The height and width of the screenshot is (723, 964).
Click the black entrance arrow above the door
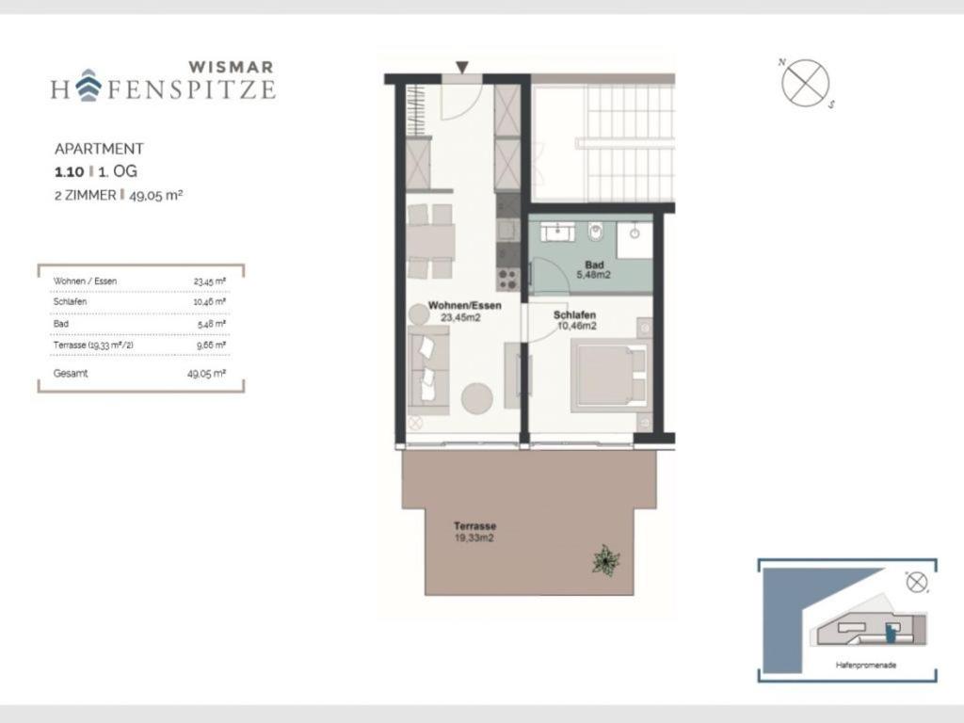click(462, 67)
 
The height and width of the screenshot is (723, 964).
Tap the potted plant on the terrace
click(605, 560)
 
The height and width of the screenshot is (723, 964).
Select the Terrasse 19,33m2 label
click(474, 532)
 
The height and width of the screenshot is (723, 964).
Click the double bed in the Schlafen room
click(609, 376)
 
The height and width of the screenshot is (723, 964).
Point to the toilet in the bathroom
click(595, 232)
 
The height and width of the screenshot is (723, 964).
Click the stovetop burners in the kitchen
click(507, 279)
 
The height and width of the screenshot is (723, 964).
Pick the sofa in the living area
click(428, 371)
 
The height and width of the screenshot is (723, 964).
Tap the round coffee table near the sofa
click(476, 398)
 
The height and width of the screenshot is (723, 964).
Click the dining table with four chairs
click(431, 242)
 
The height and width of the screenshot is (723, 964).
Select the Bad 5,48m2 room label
click(594, 270)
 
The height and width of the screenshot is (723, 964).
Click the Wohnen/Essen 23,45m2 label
click(464, 311)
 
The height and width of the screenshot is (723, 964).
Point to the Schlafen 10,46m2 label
click(575, 320)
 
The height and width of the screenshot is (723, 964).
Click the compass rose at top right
click(806, 83)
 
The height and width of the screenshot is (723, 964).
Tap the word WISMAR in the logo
click(232, 67)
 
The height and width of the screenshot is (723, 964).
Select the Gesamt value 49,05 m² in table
click(206, 373)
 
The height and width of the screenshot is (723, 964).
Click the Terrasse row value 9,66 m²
click(211, 345)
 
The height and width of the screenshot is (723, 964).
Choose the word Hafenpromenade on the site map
click(866, 666)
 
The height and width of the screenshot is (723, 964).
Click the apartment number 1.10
click(69, 172)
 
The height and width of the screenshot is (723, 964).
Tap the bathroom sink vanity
click(557, 232)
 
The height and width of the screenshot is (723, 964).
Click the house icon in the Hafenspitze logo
click(89, 85)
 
